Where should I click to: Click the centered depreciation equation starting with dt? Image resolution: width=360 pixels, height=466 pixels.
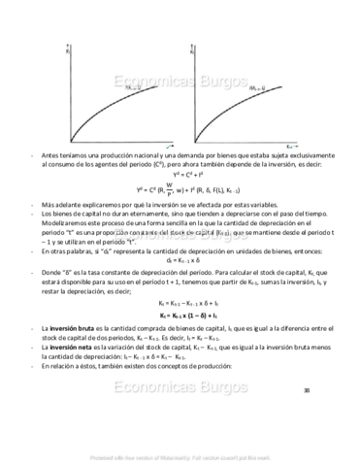(180, 260)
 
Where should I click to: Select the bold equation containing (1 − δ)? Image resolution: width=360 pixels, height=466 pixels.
(180, 316)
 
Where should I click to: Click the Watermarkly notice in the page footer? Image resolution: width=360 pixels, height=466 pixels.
(180, 457)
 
